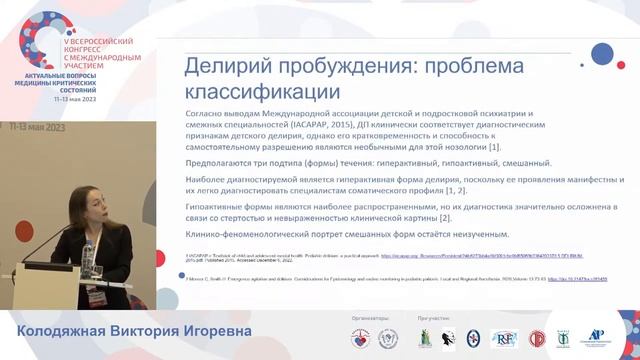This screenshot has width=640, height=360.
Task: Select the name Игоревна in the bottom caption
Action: tap(211, 331)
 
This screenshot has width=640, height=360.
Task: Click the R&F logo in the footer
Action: tap(504, 338)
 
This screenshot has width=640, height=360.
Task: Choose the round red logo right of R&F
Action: tap(537, 338)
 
